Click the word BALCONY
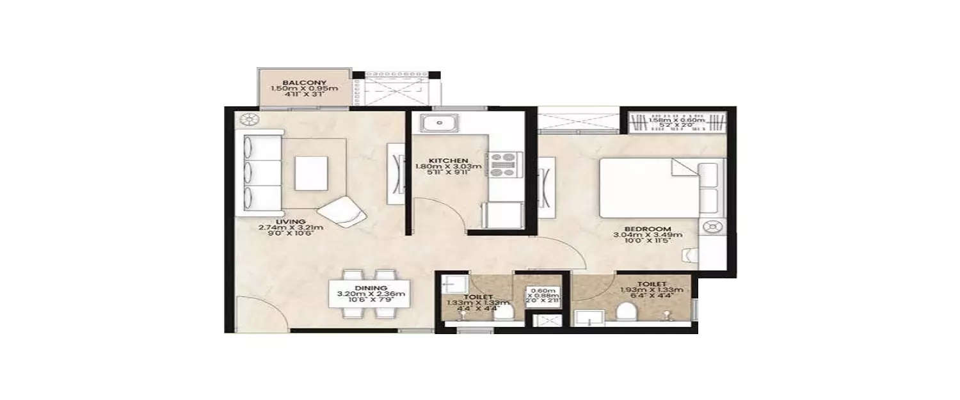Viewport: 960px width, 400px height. (305, 83)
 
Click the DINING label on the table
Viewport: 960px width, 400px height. (371, 288)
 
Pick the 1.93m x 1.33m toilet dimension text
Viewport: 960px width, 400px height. (652, 289)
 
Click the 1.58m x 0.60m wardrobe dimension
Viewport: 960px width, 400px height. (676, 120)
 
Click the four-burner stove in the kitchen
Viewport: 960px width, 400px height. (506, 163)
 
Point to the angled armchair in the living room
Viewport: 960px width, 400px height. (342, 211)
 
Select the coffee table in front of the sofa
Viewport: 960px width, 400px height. (311, 173)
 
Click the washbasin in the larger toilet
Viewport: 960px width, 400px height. (586, 318)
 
